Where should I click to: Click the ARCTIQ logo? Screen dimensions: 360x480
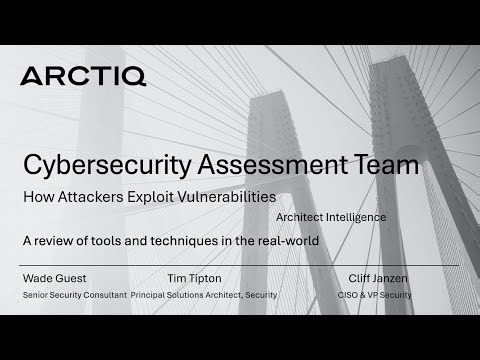82,75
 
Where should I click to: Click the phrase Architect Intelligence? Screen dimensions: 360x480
329,216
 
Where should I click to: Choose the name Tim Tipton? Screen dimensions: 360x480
196,278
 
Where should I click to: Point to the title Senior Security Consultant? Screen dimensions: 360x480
74,295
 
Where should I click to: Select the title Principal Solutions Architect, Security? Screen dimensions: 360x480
204,295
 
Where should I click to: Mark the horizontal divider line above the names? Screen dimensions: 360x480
240,265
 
